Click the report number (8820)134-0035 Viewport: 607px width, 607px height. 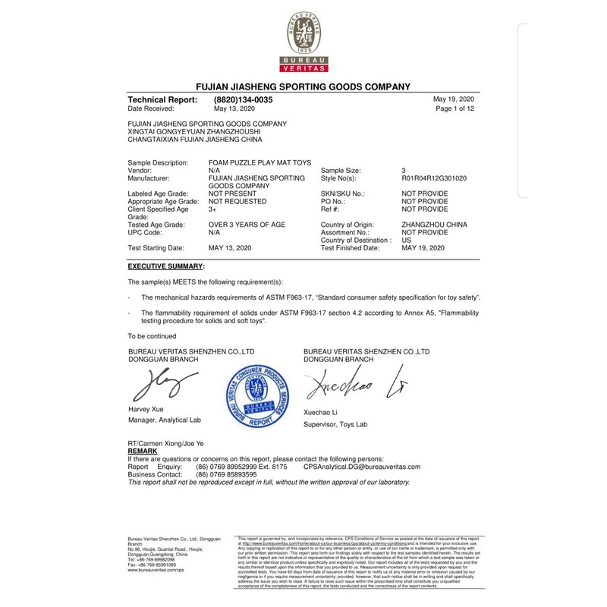243,100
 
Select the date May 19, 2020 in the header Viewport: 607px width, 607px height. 453,100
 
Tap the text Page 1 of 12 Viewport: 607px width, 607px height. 454,109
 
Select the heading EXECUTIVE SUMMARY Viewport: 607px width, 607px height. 165,267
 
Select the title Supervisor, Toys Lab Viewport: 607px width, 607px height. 335,424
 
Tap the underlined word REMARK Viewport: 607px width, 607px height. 144,451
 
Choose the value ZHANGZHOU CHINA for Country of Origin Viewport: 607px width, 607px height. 434,225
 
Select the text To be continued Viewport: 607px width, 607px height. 152,336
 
